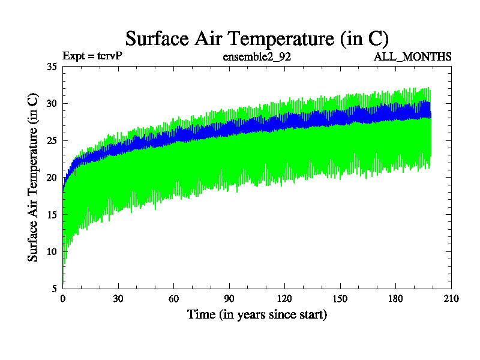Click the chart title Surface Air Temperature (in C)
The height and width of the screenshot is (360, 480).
[x=257, y=39]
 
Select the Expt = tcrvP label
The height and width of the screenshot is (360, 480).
[x=92, y=57]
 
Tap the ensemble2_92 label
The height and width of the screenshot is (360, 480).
[x=257, y=57]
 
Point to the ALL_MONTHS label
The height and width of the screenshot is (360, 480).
[x=413, y=57]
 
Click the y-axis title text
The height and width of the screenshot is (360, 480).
[x=34, y=177]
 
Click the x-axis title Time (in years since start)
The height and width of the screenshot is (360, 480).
[x=257, y=314]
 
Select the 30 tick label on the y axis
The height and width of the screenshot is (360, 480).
[x=52, y=103]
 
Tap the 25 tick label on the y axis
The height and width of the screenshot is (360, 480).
[x=52, y=140]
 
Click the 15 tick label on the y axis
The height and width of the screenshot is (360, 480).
[x=52, y=214]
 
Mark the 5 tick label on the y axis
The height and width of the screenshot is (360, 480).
[x=54, y=288]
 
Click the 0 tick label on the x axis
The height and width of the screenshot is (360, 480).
[x=63, y=298]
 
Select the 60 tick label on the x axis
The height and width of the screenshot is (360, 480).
[x=174, y=298]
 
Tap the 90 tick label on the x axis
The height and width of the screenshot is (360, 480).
[x=229, y=298]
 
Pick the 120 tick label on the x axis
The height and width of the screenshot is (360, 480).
[x=284, y=298]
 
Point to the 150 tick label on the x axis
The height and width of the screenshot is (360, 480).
[x=340, y=298]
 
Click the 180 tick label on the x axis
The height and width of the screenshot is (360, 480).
[x=395, y=298]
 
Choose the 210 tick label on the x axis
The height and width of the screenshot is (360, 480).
[x=451, y=298]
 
